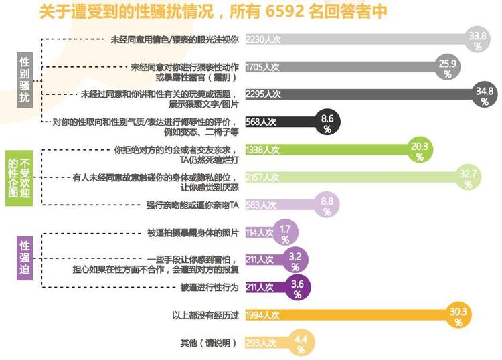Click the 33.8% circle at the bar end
pos(477,41)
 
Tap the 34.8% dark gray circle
pos(484,94)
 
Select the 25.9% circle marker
pos(447,68)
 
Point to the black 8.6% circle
pos(327,122)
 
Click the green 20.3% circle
pos(420,150)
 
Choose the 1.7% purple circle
pos(285,233)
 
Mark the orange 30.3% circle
pos(458,315)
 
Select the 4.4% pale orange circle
pos(301,343)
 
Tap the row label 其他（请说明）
pos(209,343)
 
